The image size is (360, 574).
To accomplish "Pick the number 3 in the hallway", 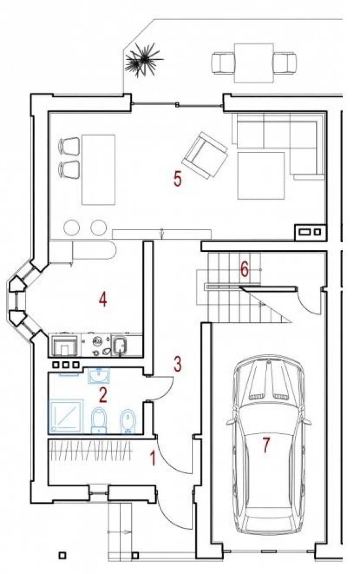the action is (x=177, y=363).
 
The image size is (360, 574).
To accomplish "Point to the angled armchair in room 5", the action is (x=205, y=155).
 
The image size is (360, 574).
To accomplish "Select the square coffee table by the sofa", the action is (x=261, y=176).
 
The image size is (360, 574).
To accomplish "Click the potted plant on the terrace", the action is (x=144, y=60).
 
